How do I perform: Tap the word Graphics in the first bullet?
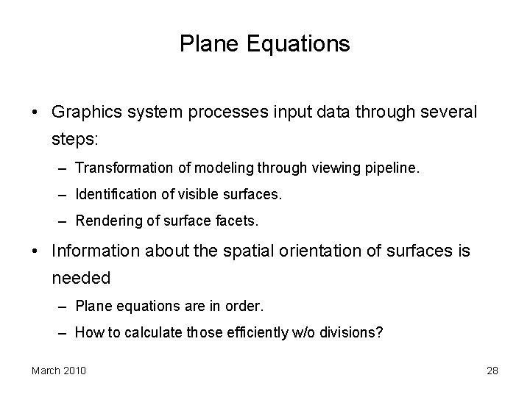(83, 112)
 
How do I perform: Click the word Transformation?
(124, 168)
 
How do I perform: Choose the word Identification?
(111, 196)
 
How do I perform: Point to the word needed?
(81, 278)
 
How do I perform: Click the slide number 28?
(492, 371)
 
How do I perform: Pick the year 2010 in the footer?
(74, 371)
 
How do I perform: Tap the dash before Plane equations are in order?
(65, 305)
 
